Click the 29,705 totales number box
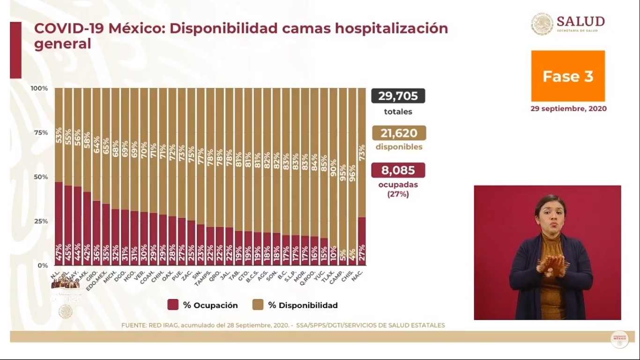coord(398,96)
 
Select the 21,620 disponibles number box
coord(399,133)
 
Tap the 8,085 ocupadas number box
coord(398,170)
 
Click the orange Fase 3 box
coord(568,76)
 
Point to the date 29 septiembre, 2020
coord(568,109)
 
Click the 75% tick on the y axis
coord(39,133)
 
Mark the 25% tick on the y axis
coord(39,221)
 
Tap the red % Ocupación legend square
coord(173,305)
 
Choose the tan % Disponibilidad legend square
coord(258,305)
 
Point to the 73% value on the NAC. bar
coord(361,153)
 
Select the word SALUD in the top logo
coord(580,22)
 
